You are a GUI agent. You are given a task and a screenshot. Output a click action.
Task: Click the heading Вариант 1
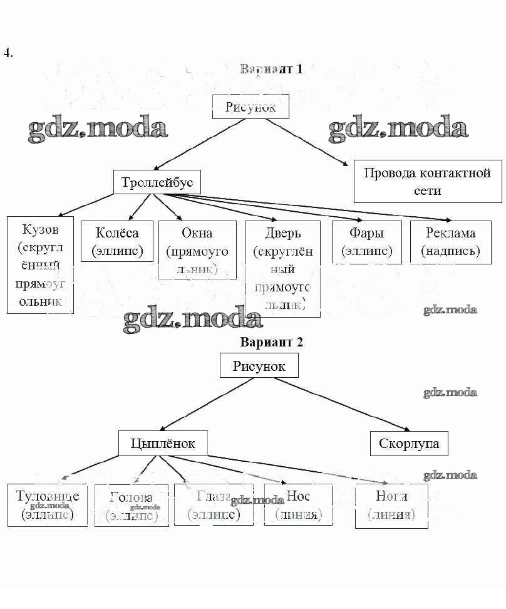coord(271,69)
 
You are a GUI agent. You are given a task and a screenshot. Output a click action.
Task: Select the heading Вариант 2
coord(271,342)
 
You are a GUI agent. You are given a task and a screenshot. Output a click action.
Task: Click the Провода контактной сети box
coord(427,181)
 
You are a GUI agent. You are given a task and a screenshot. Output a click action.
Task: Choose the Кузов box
coord(40,265)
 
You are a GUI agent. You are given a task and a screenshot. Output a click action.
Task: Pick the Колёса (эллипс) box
coord(117,241)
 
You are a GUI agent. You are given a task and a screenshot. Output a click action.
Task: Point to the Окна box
coord(197,250)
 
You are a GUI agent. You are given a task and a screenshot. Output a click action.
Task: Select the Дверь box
coord(282,269)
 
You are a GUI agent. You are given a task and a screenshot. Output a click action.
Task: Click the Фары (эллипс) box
coord(366,242)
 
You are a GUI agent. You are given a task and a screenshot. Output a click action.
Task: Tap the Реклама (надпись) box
coord(450,242)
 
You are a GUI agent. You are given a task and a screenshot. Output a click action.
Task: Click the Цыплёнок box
coord(163,444)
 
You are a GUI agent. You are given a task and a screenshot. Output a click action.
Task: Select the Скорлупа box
coord(409,444)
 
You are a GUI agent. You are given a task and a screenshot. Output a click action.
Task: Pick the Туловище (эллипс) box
coord(48,505)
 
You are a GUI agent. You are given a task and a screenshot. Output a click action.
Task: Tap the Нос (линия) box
coord(298,505)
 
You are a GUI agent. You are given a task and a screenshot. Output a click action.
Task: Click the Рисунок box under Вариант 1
coord(250,107)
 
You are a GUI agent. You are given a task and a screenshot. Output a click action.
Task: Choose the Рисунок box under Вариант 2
coord(259,365)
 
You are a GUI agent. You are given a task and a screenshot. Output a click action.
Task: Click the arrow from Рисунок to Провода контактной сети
coord(307,142)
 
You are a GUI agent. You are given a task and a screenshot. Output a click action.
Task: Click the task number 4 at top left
coord(8,53)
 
